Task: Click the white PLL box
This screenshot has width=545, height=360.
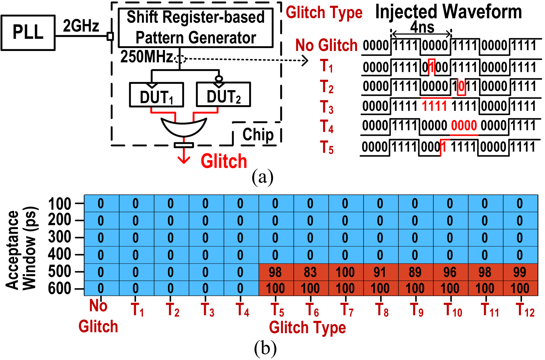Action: point(28,33)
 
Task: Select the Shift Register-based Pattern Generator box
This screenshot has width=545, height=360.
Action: point(195,28)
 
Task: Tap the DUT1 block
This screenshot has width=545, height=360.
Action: point(156,95)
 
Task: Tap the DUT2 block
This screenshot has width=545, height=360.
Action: point(223,95)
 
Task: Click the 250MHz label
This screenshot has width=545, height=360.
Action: point(147,57)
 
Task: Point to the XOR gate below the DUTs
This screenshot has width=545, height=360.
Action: point(184,126)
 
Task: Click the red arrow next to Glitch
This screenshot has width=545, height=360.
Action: point(184,156)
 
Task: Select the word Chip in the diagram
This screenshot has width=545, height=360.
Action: point(258,134)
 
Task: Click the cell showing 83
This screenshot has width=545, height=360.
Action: point(310,272)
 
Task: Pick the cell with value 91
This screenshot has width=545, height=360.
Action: point(380,272)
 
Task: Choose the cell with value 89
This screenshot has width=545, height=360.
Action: point(415,272)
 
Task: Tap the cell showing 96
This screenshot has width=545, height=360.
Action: point(450,272)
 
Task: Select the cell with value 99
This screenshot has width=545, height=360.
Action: point(520,272)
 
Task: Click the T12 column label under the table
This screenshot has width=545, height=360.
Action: point(525,310)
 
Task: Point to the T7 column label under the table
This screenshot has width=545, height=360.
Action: point(347,310)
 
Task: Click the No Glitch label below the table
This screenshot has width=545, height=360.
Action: point(98,316)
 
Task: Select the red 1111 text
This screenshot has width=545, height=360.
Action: point(434,106)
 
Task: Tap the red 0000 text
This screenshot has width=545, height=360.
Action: point(464,126)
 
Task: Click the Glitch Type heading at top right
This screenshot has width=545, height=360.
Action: point(324,13)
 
